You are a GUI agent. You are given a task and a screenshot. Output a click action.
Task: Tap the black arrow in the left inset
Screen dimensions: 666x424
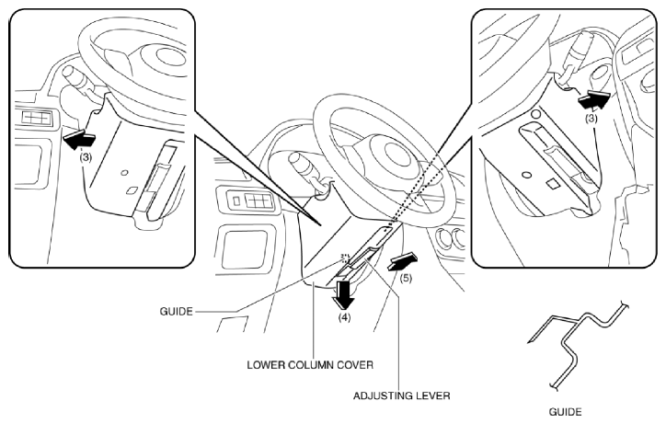point(78,140)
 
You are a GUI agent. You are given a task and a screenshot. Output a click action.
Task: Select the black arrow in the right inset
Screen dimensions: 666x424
point(594,100)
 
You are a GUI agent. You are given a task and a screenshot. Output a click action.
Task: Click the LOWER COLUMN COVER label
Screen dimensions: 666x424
point(310,365)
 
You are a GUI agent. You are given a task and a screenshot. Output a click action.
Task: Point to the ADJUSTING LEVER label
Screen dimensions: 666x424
point(401,396)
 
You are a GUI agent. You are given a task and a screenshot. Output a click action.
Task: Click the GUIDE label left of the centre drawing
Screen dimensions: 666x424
point(177,312)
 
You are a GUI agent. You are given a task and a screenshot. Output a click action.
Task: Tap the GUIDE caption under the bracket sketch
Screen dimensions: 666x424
point(565,412)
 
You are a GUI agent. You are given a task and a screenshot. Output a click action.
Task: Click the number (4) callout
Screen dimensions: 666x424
point(344,317)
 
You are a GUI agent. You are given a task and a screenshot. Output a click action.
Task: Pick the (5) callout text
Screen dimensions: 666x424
point(405,279)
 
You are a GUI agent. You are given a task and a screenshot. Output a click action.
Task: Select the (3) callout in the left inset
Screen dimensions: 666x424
point(86,157)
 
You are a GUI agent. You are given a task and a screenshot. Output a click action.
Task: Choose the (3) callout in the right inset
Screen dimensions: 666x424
point(591,118)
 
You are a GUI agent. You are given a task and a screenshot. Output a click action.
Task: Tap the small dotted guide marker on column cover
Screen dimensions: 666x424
point(344,258)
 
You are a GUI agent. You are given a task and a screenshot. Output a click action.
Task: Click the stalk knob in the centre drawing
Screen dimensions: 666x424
point(297,163)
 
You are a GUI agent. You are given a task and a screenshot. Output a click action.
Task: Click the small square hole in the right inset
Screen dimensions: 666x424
point(553,184)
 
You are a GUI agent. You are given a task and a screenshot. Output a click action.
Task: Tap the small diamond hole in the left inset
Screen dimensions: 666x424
point(132,190)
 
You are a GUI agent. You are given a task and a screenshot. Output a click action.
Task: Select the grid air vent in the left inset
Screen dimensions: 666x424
point(37,118)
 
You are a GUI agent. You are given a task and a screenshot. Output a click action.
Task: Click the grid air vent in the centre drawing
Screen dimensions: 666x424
point(251,201)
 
